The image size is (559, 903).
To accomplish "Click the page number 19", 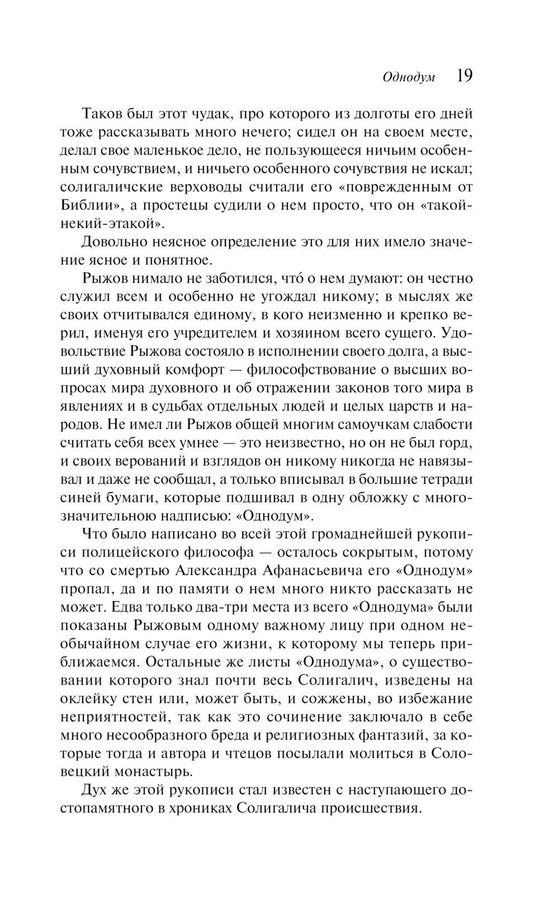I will click(x=465, y=75).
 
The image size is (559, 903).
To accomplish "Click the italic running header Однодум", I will click(x=409, y=77).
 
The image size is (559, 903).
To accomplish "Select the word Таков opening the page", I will click(x=102, y=114).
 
